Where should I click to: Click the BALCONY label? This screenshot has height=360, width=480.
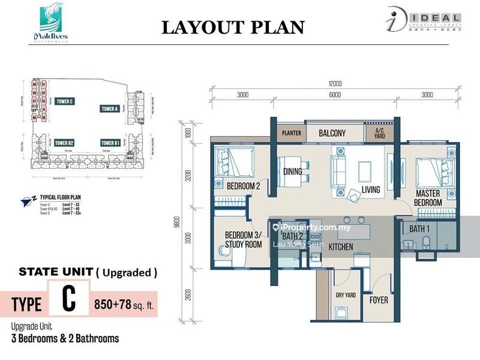pyautogui.click(x=332, y=133)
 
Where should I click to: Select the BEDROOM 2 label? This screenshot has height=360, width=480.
pyautogui.click(x=243, y=187)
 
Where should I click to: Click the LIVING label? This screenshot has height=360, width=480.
pyautogui.click(x=370, y=191)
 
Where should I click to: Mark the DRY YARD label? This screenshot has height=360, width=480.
pyautogui.click(x=346, y=295)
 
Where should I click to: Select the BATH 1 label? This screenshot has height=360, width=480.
pyautogui.click(x=419, y=229)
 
